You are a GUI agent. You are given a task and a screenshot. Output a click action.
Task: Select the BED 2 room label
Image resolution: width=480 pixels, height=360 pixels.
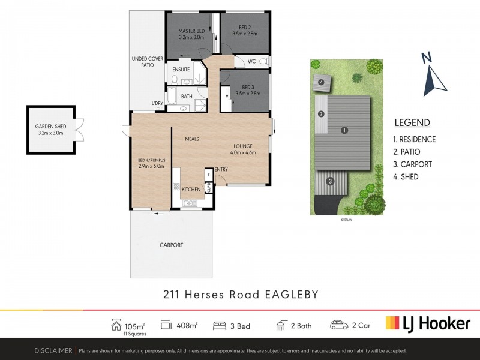(x=244, y=27)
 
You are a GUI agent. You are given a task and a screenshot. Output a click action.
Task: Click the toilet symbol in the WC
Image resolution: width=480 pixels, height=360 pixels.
(x=265, y=61)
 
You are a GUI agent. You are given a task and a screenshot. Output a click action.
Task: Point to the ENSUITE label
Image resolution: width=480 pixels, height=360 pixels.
(x=181, y=70)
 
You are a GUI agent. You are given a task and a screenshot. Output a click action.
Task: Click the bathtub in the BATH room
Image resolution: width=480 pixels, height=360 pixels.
(x=171, y=96)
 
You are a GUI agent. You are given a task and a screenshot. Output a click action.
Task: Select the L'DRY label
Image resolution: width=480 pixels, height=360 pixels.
(x=157, y=104)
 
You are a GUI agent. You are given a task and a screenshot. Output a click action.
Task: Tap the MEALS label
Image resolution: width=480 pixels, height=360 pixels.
(x=192, y=139)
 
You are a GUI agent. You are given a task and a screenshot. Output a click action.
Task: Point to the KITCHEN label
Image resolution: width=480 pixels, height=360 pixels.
(x=191, y=189)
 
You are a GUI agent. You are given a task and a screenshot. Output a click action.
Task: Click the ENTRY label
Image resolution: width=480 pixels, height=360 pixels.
(x=221, y=169)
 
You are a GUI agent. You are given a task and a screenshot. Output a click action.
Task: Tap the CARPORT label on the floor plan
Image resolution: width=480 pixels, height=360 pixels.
(x=171, y=245)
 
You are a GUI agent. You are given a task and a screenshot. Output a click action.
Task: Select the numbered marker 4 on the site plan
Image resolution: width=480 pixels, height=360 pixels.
(x=321, y=82)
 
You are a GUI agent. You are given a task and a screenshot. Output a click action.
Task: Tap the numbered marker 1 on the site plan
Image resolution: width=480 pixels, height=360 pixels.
(x=344, y=130)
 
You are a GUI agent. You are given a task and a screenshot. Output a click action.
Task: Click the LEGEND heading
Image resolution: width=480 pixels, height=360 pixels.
(x=412, y=123)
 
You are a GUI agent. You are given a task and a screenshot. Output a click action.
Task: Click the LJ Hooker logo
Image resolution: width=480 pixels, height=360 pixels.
(x=428, y=324)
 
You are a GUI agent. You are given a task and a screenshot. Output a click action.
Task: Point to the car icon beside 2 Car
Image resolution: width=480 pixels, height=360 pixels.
(x=340, y=325)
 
